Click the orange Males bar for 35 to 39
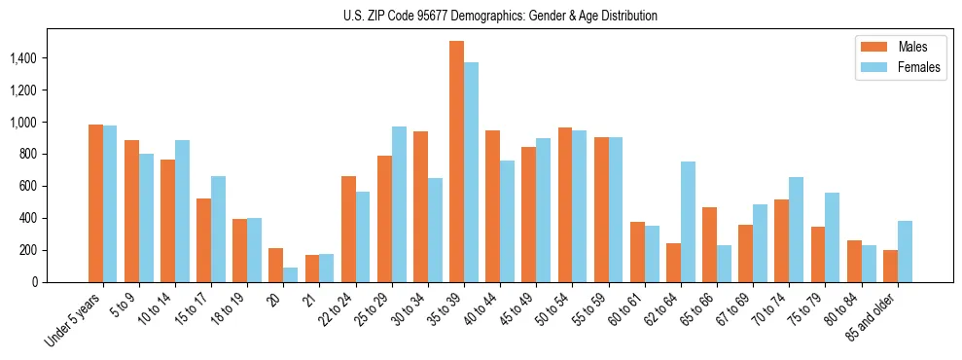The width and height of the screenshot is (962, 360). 456,162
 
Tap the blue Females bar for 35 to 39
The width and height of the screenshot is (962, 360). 471,172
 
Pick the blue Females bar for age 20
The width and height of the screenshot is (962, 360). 291,274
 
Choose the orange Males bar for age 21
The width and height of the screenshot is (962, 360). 312,269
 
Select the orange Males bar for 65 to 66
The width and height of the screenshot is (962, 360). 709,244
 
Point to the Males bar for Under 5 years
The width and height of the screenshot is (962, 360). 95,203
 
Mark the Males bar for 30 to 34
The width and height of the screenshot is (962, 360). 420,206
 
